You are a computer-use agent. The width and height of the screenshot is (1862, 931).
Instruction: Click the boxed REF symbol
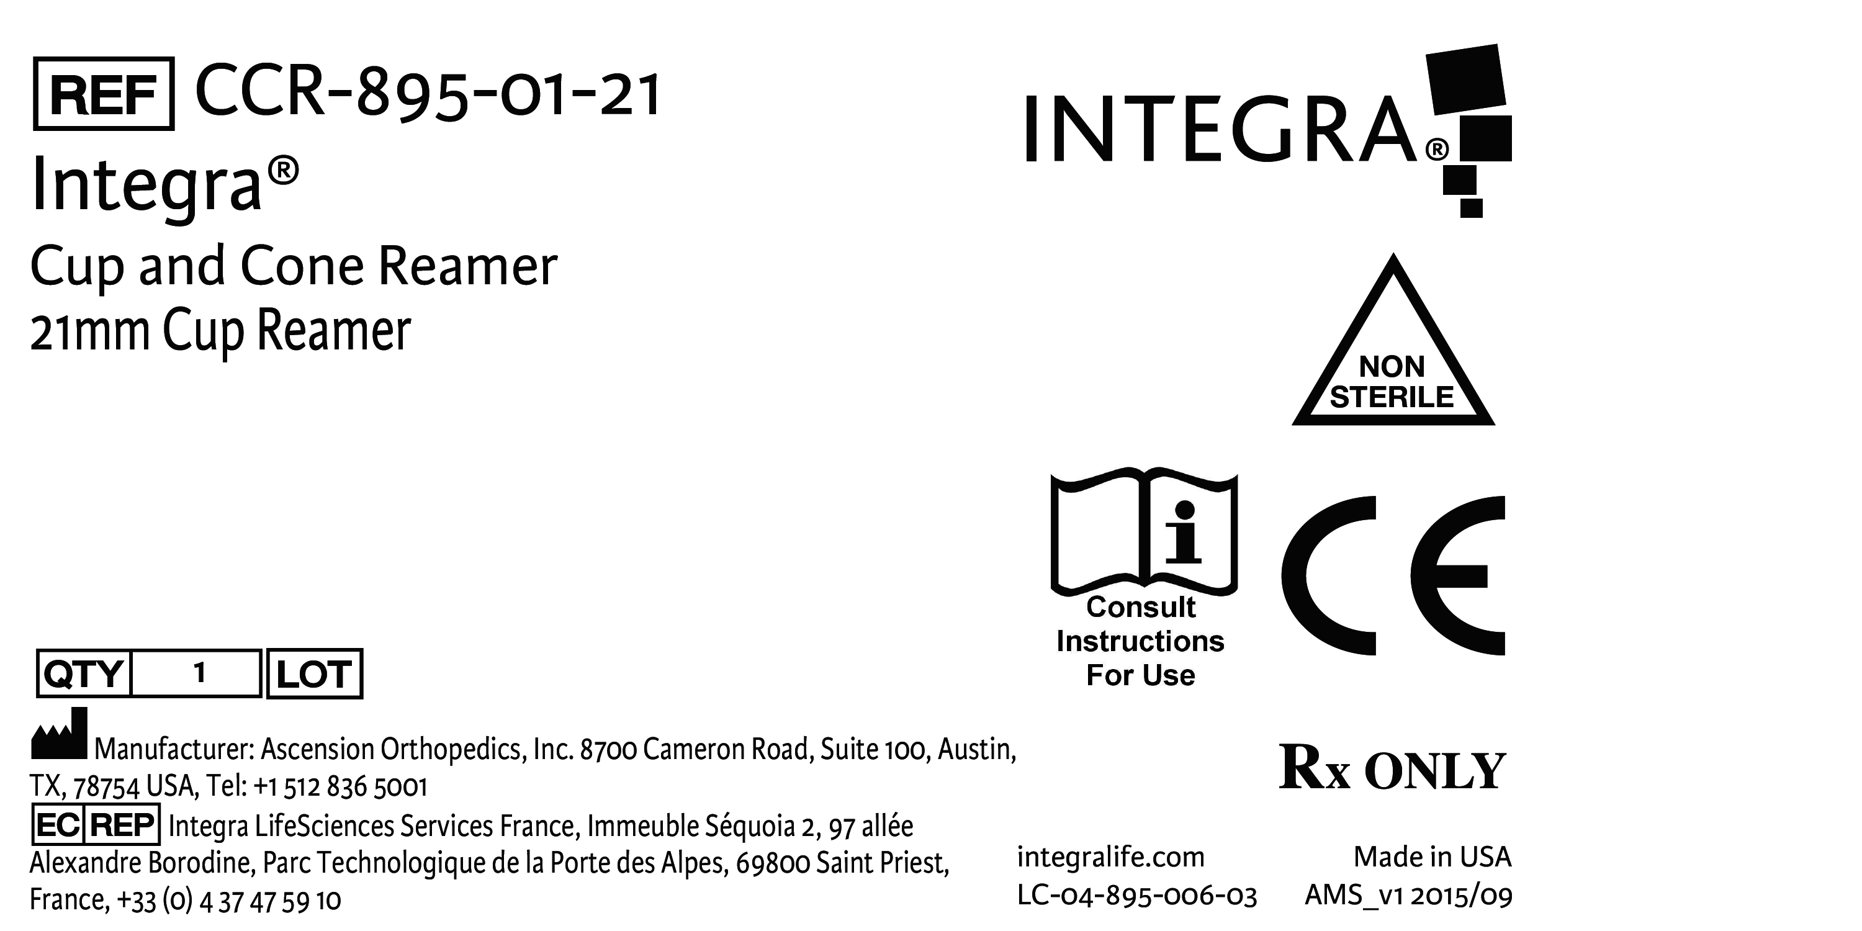click(x=104, y=94)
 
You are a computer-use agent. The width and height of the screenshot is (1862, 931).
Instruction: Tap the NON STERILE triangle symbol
click(x=1393, y=339)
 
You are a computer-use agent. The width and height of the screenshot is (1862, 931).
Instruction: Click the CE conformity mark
click(x=1393, y=575)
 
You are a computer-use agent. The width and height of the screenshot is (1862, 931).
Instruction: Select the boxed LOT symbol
click(x=315, y=673)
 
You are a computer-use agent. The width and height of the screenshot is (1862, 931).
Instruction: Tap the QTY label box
click(x=83, y=673)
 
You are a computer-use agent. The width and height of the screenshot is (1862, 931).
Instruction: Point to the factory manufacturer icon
click(x=59, y=733)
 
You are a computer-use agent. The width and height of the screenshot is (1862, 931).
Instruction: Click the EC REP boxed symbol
click(x=96, y=824)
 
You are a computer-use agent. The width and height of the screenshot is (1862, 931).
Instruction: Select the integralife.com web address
click(x=1111, y=858)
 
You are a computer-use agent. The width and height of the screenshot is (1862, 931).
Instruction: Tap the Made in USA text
click(x=1432, y=857)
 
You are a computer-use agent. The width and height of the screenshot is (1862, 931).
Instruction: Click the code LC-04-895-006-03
click(x=1137, y=896)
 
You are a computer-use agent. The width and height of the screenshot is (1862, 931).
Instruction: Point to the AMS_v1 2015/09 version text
click(x=1408, y=896)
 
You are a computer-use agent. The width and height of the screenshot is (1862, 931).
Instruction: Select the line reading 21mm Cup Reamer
click(x=220, y=330)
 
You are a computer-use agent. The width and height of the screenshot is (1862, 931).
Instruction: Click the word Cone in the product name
click(x=302, y=266)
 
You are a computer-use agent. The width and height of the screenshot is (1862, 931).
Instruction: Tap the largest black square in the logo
click(x=1465, y=79)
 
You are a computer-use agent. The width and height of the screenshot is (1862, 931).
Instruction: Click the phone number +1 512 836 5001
click(x=341, y=786)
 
